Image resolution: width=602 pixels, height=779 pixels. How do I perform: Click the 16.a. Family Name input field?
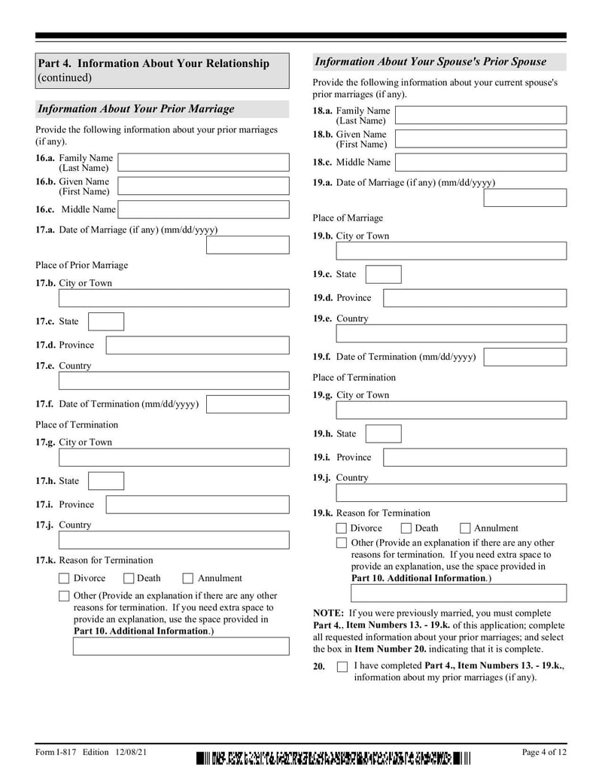point(203,163)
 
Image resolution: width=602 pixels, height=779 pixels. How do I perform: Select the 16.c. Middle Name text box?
point(203,209)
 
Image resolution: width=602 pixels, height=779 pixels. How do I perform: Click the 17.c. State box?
point(106,321)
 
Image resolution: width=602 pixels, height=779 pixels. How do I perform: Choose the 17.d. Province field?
point(197,345)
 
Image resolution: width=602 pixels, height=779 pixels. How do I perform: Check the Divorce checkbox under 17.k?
point(64,579)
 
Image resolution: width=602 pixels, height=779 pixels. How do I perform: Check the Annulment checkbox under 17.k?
point(188,579)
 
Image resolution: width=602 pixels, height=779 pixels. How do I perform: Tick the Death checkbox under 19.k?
point(406,528)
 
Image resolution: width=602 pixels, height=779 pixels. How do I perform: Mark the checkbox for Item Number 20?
point(342,667)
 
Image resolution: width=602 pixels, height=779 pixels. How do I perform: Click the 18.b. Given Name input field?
point(481,139)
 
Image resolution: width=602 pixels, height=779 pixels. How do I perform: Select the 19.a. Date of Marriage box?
point(524,198)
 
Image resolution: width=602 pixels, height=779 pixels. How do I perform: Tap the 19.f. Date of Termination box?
point(524,357)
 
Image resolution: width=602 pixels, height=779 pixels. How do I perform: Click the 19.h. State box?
point(383,434)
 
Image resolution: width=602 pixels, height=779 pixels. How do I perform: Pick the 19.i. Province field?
point(475,457)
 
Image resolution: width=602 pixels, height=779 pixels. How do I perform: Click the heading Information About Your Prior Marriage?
point(136,109)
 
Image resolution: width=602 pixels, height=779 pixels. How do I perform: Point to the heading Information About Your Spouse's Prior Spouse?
point(430,62)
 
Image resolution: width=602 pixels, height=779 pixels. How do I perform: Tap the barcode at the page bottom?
point(334,759)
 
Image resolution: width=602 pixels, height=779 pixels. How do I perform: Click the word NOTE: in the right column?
point(329,613)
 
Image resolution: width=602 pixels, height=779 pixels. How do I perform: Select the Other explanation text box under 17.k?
point(181,646)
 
